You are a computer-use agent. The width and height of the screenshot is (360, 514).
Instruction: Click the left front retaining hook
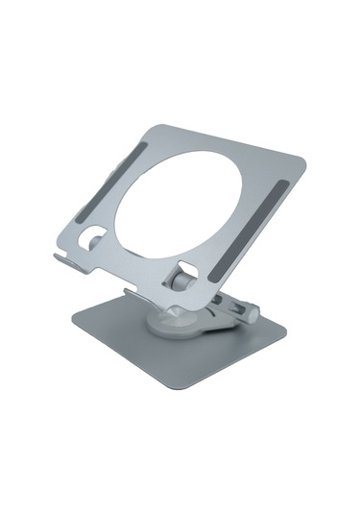[60, 257]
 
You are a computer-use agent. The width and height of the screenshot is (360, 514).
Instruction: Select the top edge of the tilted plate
[230, 141]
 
